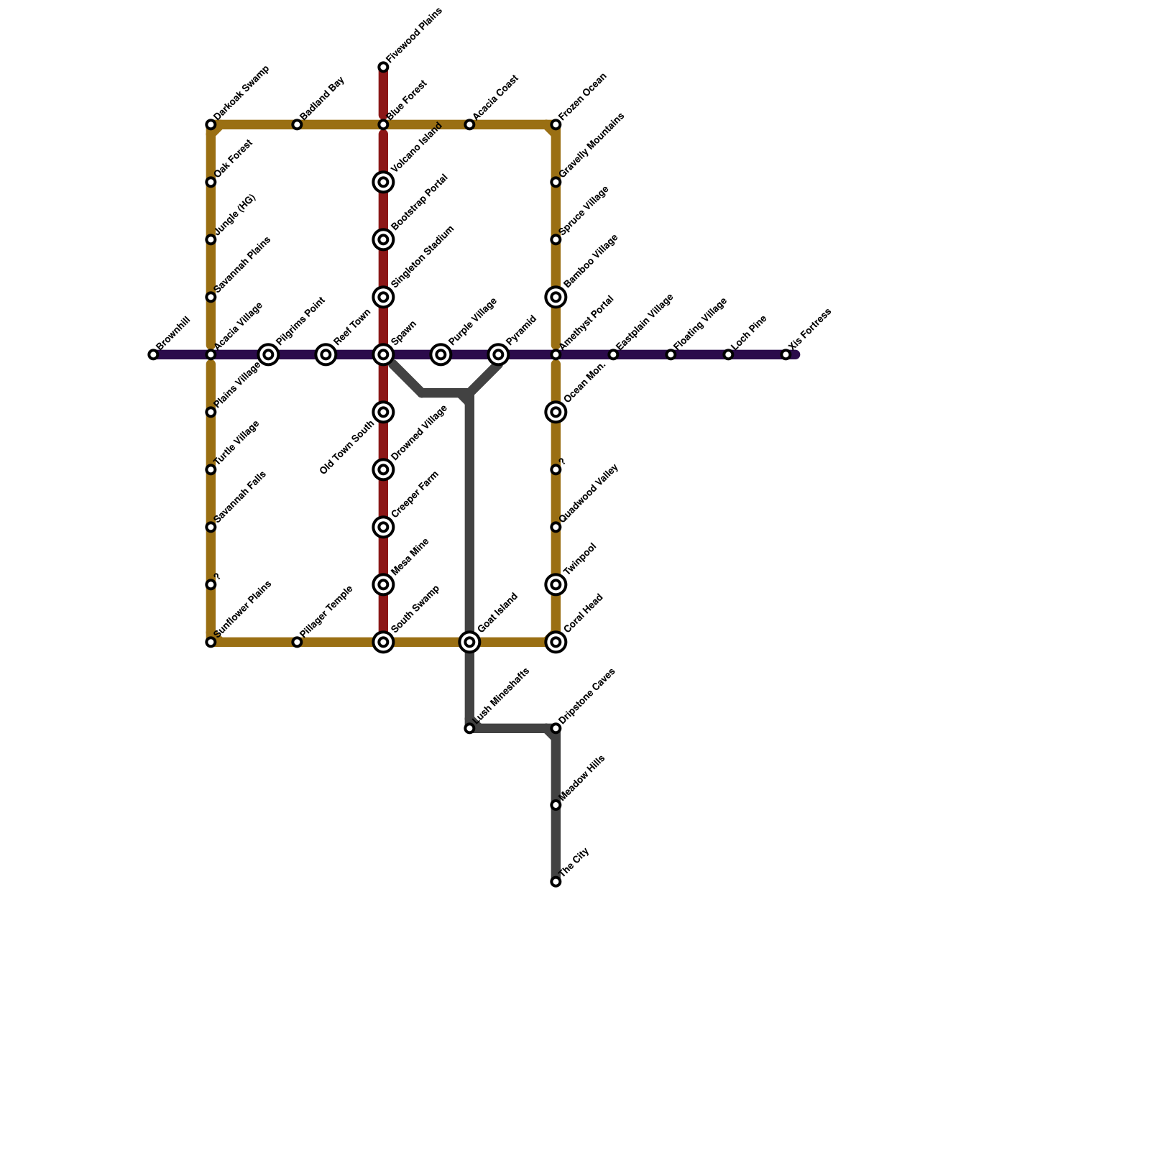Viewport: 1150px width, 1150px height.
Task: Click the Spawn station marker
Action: (383, 354)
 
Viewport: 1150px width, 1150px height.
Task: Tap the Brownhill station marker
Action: (153, 354)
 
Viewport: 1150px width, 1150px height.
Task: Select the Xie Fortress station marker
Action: (786, 354)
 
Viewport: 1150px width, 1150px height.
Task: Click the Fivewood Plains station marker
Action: (383, 67)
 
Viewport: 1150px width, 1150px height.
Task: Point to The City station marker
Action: (556, 881)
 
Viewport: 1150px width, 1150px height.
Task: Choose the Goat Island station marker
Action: (469, 642)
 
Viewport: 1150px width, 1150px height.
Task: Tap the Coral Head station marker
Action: (556, 642)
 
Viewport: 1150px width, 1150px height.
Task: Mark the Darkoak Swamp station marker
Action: (211, 124)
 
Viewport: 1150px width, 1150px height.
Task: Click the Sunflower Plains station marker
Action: (211, 642)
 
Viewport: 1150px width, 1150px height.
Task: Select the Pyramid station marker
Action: (498, 354)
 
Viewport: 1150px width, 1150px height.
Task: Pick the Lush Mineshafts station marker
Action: (469, 728)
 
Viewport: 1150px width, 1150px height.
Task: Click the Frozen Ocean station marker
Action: (556, 124)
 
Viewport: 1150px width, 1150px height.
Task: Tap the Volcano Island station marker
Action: (383, 182)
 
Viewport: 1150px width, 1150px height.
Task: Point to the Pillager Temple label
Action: (327, 611)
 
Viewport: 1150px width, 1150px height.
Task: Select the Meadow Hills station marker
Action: (556, 805)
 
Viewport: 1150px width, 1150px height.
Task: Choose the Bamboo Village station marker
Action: (556, 297)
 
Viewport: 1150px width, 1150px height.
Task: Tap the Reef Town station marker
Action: (326, 354)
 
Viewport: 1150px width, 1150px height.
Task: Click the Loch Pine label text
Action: (748, 333)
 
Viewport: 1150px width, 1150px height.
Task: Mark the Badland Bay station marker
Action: (297, 124)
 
